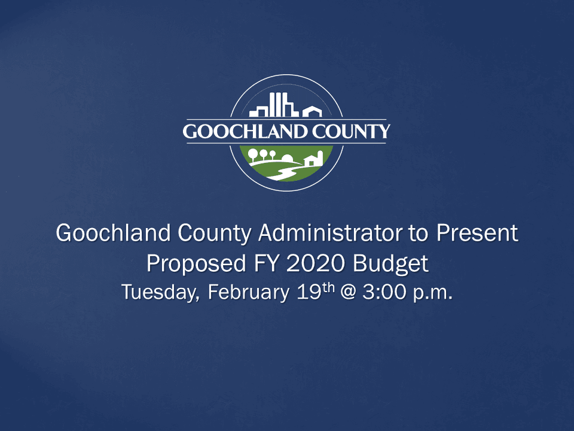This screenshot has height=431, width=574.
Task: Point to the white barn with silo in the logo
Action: [315, 159]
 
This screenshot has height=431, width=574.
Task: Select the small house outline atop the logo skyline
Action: [312, 112]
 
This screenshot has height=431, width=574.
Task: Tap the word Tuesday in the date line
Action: [160, 293]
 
